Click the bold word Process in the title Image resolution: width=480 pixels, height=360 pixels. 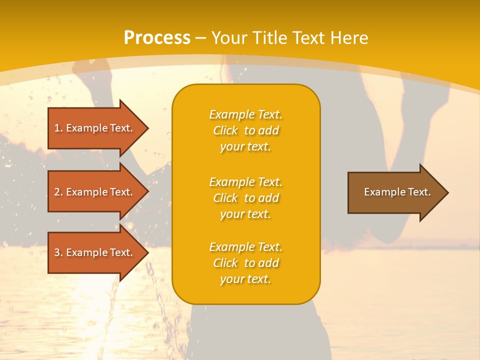[x=157, y=38]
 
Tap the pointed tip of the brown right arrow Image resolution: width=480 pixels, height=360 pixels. [x=446, y=192]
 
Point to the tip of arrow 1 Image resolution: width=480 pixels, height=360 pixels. [x=147, y=128]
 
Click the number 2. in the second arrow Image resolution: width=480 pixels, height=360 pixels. [x=59, y=192]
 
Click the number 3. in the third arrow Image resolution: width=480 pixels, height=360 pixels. [x=59, y=252]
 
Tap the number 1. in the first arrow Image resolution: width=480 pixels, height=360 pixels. [x=58, y=128]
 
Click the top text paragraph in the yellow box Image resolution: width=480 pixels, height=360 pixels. [x=245, y=130]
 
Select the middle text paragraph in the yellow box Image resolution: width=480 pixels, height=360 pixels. [x=245, y=198]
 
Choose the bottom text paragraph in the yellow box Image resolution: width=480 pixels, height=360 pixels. [x=245, y=263]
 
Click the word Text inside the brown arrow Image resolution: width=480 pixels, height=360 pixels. [x=420, y=192]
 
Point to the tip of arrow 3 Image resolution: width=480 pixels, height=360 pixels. [x=147, y=252]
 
